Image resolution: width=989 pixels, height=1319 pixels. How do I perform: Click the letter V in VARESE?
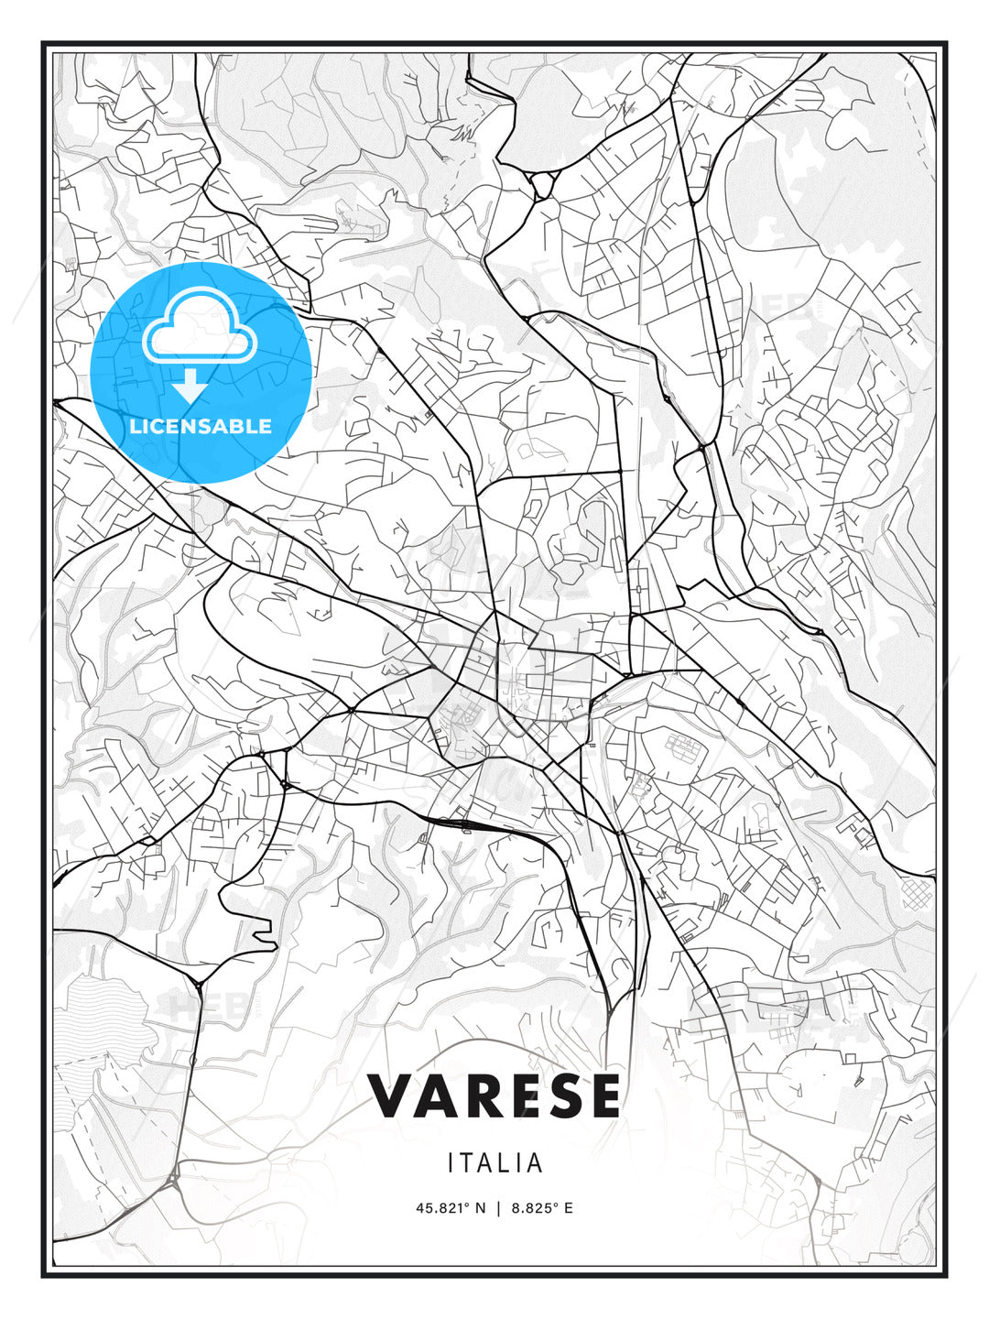[x=391, y=1096]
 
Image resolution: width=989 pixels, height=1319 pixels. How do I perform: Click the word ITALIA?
[x=494, y=1163]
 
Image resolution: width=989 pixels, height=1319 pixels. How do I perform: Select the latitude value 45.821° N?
[x=451, y=1208]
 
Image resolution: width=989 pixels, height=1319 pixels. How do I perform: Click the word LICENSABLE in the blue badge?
[x=201, y=426]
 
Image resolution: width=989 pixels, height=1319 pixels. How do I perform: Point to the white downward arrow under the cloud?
[x=190, y=387]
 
